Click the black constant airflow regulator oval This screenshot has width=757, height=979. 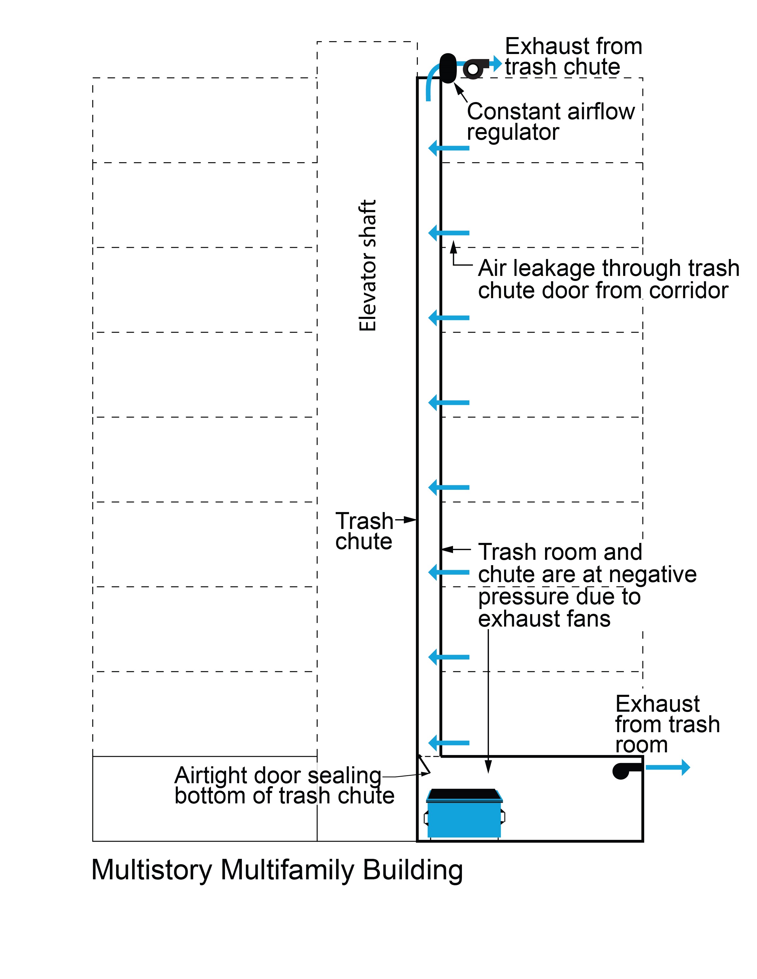point(448,68)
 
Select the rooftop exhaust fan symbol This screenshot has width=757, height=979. point(474,69)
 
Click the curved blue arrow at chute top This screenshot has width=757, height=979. point(431,81)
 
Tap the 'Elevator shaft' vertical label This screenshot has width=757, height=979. point(368,266)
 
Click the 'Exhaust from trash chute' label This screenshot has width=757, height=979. point(573,56)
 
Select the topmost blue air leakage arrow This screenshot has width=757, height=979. point(449,148)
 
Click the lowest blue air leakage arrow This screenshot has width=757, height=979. point(449,743)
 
